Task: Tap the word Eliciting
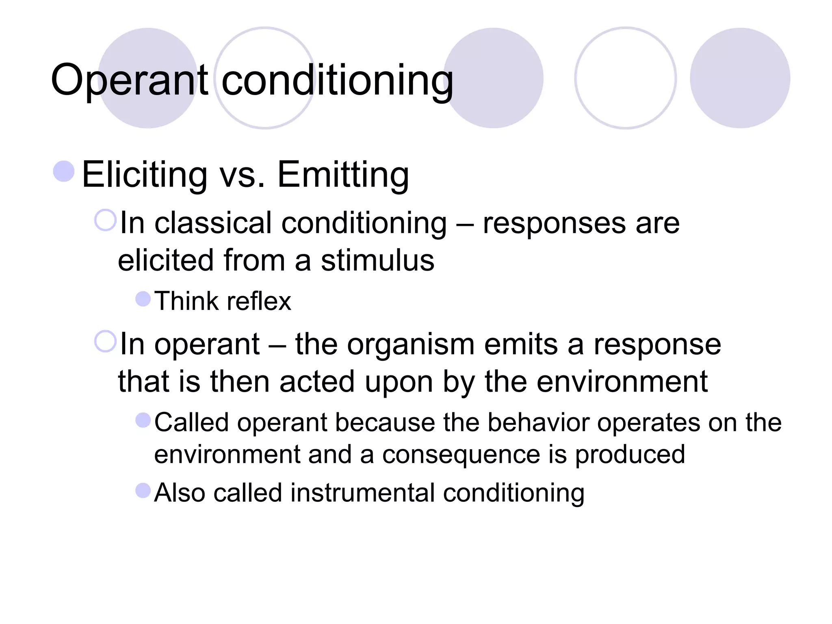tap(145, 174)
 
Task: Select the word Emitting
tap(343, 174)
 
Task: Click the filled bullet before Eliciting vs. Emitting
tap(64, 171)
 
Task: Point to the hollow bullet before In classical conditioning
tap(105, 220)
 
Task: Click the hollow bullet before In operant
tap(105, 341)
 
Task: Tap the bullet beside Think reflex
tap(143, 299)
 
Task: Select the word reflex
tap(259, 301)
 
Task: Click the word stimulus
tap(377, 260)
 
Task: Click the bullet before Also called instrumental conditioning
tap(143, 490)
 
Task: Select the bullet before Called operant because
tap(143, 420)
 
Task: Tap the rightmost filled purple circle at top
tap(740, 78)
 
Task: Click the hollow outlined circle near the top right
tap(625, 78)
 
